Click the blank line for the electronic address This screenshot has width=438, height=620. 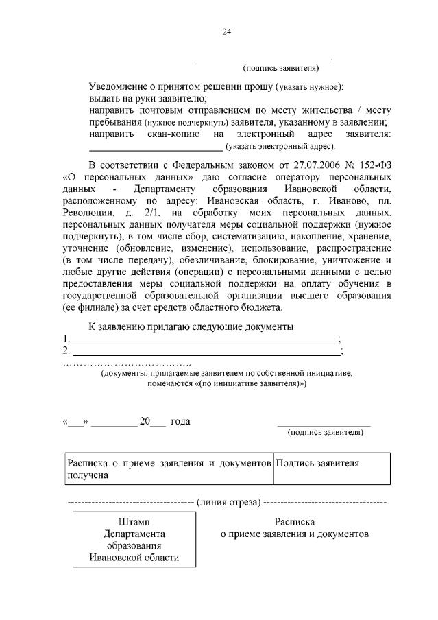coord(156,147)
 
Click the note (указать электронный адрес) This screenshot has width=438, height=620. coord(280,147)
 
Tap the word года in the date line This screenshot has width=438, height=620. coord(180,421)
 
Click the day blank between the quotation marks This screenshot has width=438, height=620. coord(75,422)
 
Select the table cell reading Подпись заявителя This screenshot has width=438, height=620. coord(318,463)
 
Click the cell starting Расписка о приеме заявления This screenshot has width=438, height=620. coord(168,468)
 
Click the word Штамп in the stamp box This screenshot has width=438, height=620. coord(134,522)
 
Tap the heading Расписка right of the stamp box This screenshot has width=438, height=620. coord(295,522)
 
